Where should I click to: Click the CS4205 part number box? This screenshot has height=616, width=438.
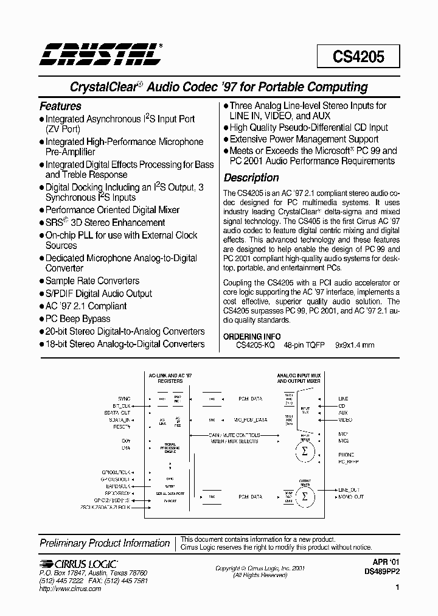coord(358,57)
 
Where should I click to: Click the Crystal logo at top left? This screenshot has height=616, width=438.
coord(100,54)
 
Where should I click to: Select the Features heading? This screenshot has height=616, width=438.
coord(60,106)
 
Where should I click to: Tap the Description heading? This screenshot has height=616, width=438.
coord(251,178)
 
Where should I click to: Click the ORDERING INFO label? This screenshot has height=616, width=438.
coord(252,337)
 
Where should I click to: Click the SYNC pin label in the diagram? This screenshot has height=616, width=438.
coord(124,399)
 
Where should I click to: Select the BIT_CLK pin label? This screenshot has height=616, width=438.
coord(122,405)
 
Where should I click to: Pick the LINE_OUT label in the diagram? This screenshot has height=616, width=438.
coord(349,490)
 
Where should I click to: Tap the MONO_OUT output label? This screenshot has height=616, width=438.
coord(351,497)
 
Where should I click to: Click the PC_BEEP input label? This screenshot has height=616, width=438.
coord(349,462)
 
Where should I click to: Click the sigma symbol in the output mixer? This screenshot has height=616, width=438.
coord(305,495)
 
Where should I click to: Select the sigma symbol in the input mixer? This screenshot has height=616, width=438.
coord(305,451)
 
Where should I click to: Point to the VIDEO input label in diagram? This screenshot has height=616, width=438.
coord(345,420)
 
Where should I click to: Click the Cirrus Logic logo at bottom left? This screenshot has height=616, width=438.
coord(78,564)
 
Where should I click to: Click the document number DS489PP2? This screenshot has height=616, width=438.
coord(382,572)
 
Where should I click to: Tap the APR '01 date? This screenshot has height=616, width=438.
coord(385,564)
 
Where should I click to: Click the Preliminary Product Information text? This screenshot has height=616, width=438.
coord(105,543)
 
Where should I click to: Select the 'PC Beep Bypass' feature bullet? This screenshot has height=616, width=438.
coord(78,319)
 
